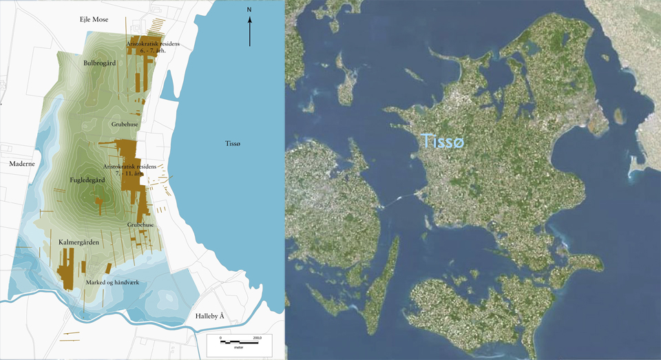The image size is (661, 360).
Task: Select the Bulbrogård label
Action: tap(98, 63)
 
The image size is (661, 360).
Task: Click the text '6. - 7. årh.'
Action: tap(152, 50)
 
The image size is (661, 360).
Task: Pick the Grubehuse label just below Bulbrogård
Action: tap(125, 125)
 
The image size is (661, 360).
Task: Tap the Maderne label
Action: tap(21, 164)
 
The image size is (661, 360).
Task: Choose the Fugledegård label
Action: tap(87, 180)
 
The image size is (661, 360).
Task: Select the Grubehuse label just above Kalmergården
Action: tap(140, 225)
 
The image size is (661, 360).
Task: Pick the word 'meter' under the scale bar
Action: tap(239, 348)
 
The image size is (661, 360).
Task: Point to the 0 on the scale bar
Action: tap(220, 338)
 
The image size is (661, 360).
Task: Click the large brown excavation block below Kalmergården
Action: tap(67, 269)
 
